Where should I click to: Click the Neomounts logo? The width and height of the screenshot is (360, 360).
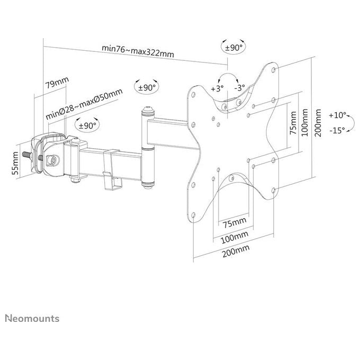click(32, 319)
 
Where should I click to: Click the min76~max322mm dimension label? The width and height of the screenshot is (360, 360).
click(138, 51)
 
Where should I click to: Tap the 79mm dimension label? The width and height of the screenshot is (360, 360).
click(57, 83)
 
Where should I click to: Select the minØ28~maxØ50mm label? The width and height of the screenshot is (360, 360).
click(84, 104)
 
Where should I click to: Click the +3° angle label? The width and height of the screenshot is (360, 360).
click(217, 88)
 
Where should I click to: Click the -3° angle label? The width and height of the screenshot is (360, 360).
click(240, 87)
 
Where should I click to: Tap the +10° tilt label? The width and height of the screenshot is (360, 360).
click(338, 115)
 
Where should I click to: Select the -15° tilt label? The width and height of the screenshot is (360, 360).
click(337, 131)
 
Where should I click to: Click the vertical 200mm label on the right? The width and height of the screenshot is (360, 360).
click(318, 123)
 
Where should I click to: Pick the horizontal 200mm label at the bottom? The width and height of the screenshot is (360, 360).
click(236, 251)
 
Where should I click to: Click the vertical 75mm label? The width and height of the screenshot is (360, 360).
click(293, 123)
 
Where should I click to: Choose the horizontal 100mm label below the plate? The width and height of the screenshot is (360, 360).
click(235, 237)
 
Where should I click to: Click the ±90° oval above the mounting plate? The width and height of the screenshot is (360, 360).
click(233, 47)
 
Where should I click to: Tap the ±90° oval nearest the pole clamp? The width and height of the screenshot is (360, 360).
click(87, 124)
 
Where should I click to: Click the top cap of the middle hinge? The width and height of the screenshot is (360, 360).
click(148, 111)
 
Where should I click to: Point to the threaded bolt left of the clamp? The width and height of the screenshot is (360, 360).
click(28, 155)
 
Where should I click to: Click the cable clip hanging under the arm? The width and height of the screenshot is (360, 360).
click(112, 170)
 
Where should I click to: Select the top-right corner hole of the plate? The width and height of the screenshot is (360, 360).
click(274, 70)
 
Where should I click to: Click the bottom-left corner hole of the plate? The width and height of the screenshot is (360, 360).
click(193, 215)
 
